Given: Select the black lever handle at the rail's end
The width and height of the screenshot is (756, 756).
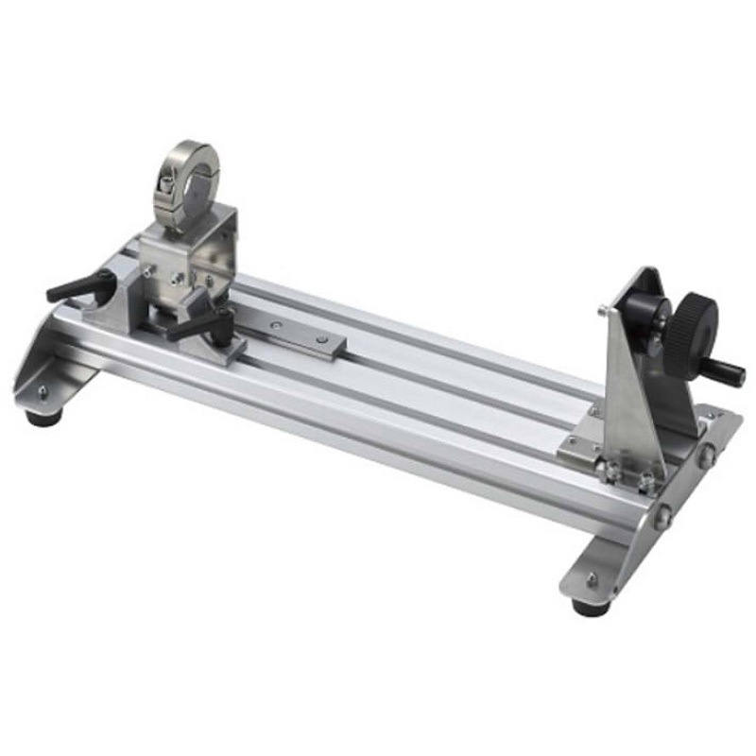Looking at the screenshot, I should (x=76, y=287).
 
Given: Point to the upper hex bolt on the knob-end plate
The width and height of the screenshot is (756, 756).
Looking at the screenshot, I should (x=705, y=455).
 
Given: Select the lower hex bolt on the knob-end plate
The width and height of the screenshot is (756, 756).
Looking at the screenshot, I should (x=664, y=516).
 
